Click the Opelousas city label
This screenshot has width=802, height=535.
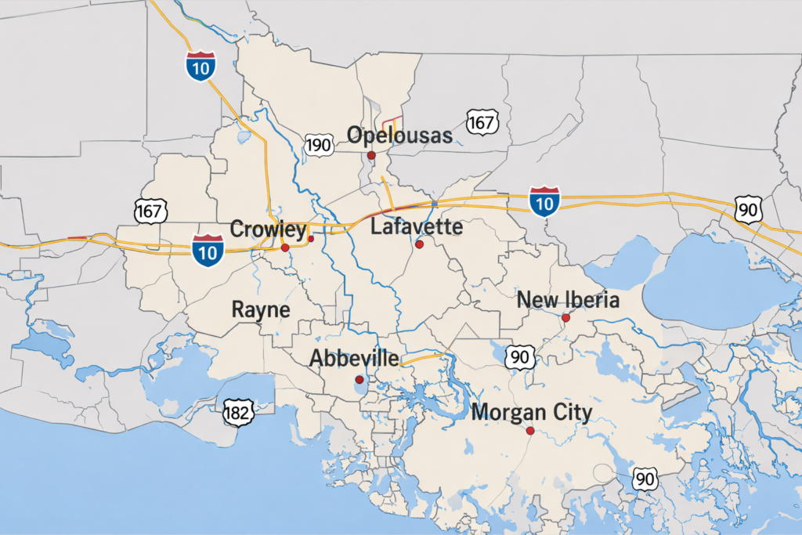click(x=400, y=136)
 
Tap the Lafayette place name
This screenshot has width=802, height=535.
click(x=417, y=227)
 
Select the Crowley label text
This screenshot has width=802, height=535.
click(x=268, y=230)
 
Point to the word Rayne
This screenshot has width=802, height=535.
click(x=261, y=309)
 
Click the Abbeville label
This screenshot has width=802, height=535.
click(x=355, y=358)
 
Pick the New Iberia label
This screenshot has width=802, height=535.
click(x=569, y=300)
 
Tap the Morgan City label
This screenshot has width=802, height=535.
click(x=532, y=412)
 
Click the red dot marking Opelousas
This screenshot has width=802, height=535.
click(x=371, y=156)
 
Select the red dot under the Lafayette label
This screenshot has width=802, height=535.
click(x=420, y=244)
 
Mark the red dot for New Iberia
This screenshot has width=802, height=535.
click(x=565, y=317)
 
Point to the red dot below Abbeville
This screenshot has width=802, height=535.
click(x=359, y=379)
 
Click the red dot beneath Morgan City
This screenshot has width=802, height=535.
click(x=530, y=431)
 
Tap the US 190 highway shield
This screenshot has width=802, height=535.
click(x=319, y=144)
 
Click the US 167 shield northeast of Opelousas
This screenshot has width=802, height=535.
click(x=481, y=122)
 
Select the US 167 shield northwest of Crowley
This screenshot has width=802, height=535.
click(x=150, y=210)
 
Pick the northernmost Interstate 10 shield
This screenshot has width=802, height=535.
click(x=201, y=67)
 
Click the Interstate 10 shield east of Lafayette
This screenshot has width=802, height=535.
click(x=544, y=201)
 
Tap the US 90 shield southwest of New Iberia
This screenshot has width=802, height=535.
click(x=520, y=357)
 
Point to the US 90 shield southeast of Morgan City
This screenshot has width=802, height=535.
click(x=645, y=479)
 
